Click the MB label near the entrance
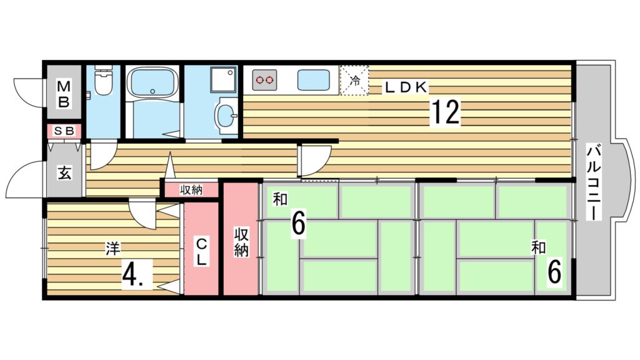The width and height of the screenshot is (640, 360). point(64,92)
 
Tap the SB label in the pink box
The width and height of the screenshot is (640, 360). point(64,131)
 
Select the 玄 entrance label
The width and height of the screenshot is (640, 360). point(64,172)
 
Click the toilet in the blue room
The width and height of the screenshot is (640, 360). point(103,82)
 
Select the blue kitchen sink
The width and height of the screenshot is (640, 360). point(313,80)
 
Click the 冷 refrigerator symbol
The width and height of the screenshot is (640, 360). point(354,80)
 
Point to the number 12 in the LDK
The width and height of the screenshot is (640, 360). point(444,112)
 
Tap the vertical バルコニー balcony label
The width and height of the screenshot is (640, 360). point(594,181)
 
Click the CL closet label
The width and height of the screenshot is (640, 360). point(201,252)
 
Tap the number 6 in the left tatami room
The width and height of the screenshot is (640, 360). point(298,224)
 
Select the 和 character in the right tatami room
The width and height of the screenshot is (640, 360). point(537,248)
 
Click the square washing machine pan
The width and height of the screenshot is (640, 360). point(223,80)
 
